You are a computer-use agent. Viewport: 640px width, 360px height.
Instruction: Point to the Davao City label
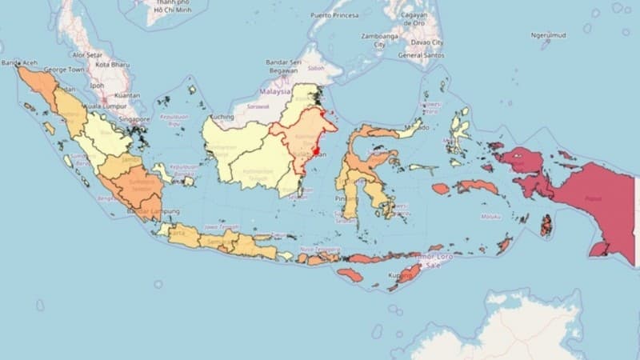[428, 42]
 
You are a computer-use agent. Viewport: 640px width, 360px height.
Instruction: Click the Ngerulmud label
[549, 35]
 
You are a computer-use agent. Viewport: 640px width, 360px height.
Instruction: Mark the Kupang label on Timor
[400, 275]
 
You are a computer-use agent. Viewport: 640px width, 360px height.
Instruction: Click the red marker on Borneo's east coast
[317, 150]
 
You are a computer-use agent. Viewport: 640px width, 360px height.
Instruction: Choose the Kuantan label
[126, 94]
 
